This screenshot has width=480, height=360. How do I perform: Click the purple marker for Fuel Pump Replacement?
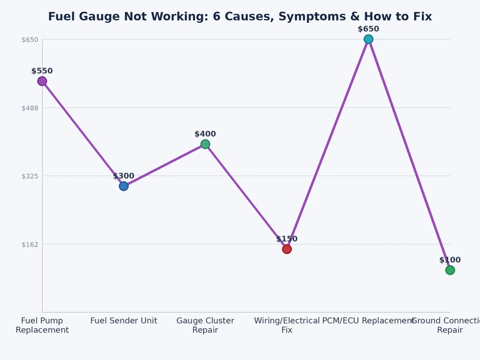pos(42,81)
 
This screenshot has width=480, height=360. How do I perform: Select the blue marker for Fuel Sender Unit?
pos(124,186)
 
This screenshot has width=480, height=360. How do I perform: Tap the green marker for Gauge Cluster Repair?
pos(205,144)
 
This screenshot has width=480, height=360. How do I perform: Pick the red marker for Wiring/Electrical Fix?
pos(287,249)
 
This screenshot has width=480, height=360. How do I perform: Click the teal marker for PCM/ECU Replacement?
pos(368,39)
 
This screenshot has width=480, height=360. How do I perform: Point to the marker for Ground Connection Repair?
pos(450,270)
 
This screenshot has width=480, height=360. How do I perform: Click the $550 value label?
pos(42,71)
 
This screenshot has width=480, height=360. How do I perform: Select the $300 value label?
pos(124,176)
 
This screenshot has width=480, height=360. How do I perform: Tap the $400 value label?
pos(205,134)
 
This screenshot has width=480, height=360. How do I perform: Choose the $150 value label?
pos(287,239)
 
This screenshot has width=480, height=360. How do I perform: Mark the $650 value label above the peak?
pos(368,29)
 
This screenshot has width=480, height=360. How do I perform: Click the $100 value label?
pos(450,260)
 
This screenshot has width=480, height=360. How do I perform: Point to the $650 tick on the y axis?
pos(30,40)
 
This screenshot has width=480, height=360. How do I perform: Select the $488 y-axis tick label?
pos(30,108)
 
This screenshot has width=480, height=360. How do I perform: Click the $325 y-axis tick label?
pos(30,176)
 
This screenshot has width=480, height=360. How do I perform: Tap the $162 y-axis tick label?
pos(30,244)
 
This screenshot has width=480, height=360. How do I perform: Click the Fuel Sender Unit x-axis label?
pos(124,321)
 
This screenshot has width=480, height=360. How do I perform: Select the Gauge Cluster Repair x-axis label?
pos(205,325)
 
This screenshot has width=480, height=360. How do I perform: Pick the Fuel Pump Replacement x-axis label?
pos(42,325)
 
